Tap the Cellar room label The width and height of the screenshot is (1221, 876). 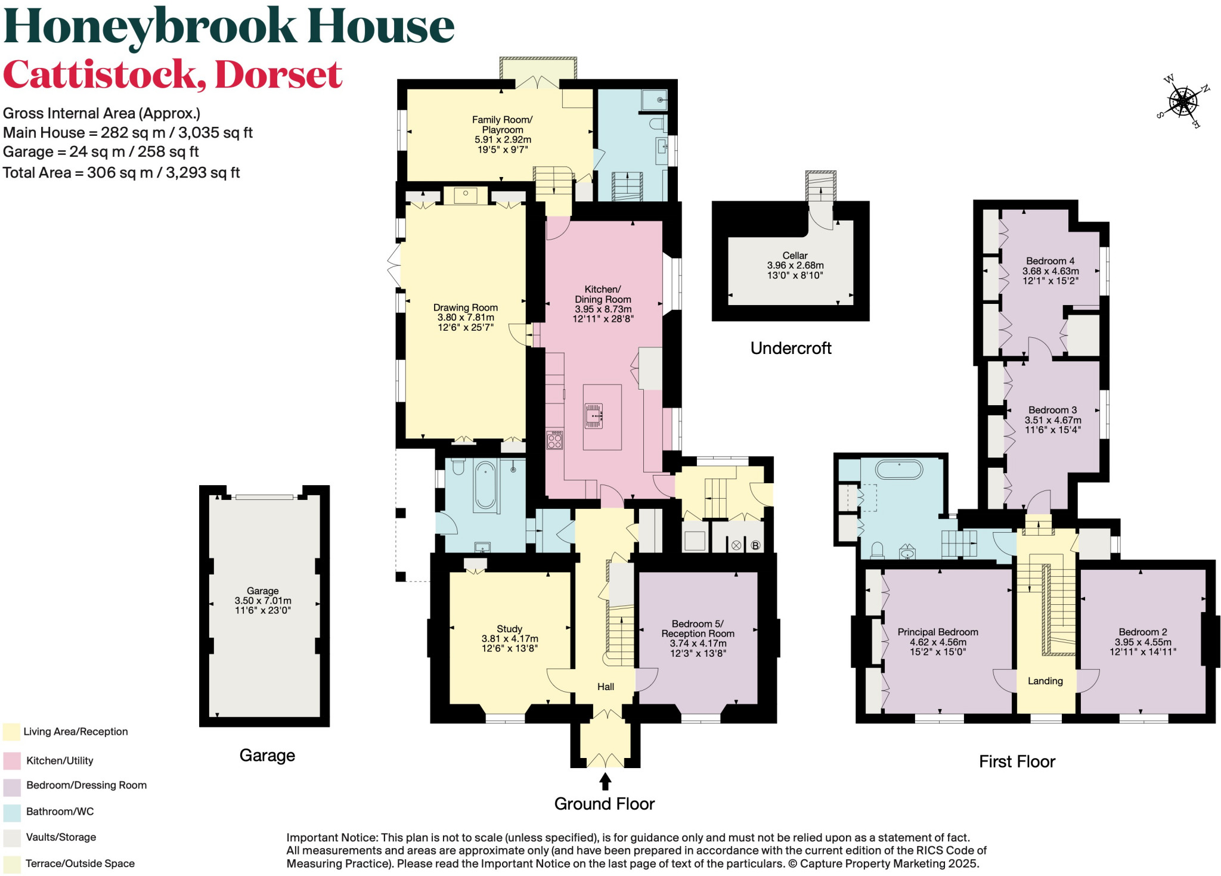click(795, 256)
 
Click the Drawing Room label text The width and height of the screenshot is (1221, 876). click(465, 307)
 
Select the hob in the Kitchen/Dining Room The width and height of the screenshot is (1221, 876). click(554, 440)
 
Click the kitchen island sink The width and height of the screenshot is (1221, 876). click(594, 416)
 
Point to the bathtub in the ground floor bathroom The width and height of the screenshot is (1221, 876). click(485, 486)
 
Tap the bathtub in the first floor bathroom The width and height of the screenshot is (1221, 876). click(898, 470)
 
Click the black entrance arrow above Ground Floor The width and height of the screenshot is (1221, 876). click(605, 781)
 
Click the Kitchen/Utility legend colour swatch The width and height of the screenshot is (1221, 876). click(12, 761)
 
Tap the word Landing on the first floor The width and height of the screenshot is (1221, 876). click(1045, 681)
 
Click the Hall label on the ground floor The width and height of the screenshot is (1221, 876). click(606, 687)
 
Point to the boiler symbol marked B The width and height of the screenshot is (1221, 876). click(755, 545)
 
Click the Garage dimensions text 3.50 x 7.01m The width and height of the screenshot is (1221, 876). click(263, 601)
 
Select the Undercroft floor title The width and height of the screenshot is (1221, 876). click(791, 349)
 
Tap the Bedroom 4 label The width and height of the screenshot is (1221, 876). click(1050, 261)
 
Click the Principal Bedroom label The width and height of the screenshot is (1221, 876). click(937, 632)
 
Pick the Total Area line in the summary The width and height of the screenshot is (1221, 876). click(121, 173)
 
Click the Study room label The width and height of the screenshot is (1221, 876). click(509, 629)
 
